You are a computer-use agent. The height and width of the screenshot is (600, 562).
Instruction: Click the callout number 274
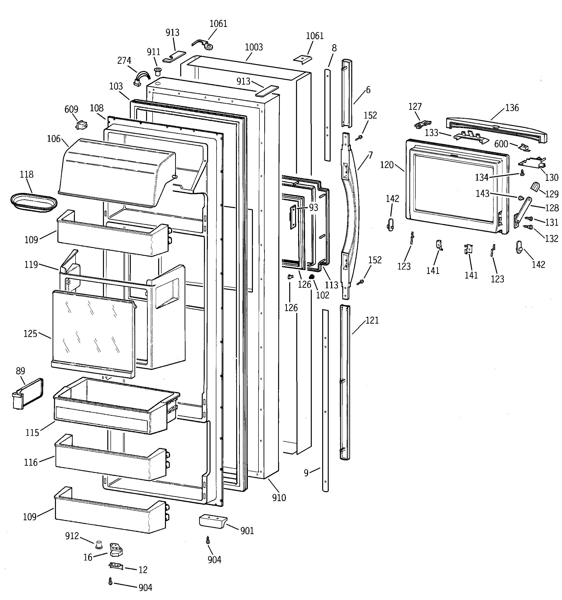[124, 61]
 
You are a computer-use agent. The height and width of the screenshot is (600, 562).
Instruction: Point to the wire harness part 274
[141, 78]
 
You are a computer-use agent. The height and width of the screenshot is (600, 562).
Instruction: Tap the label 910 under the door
[279, 498]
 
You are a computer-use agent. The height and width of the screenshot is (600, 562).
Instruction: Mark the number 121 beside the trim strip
[372, 320]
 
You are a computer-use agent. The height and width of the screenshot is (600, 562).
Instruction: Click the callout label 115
[32, 433]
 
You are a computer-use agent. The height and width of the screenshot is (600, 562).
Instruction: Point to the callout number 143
[482, 193]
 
